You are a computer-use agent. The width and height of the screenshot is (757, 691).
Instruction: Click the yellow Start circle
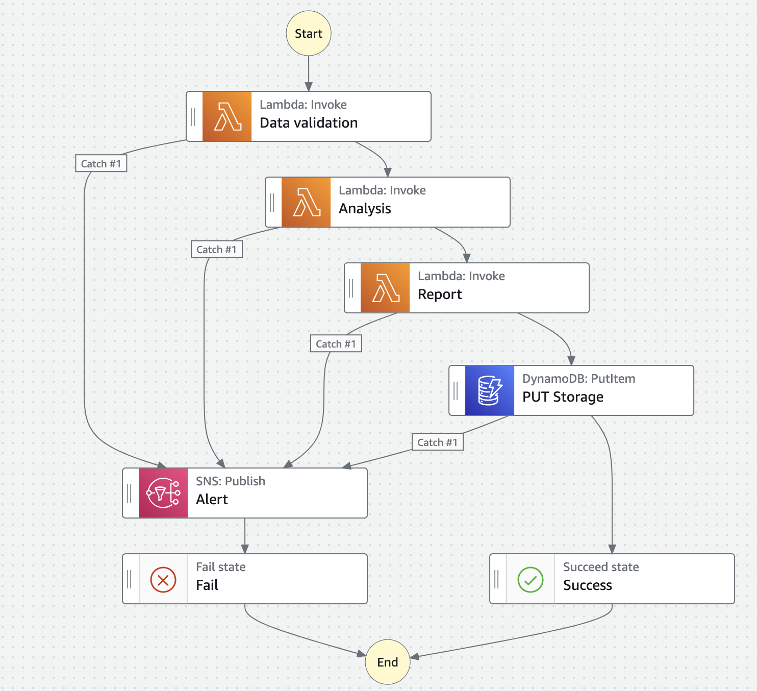click(309, 33)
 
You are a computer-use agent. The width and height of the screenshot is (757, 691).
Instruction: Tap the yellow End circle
click(388, 662)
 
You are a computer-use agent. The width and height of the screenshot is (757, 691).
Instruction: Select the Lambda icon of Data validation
click(227, 116)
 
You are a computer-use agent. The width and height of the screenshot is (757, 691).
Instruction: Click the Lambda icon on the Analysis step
click(306, 202)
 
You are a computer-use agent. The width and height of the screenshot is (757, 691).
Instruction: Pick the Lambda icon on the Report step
click(385, 288)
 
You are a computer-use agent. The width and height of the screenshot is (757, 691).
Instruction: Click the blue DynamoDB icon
click(490, 390)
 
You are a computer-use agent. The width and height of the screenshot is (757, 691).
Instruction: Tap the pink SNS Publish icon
click(163, 493)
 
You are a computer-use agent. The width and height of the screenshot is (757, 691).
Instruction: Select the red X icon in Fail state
click(163, 579)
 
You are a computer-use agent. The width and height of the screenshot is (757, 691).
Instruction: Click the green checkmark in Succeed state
click(531, 579)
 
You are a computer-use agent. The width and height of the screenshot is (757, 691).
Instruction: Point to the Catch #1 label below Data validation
click(101, 163)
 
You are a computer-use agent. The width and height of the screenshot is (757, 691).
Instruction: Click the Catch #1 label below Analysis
click(217, 249)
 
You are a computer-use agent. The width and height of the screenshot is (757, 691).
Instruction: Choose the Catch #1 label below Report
click(336, 343)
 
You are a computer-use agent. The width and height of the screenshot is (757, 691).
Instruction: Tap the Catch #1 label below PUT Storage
click(438, 442)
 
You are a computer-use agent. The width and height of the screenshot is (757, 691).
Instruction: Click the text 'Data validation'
click(309, 123)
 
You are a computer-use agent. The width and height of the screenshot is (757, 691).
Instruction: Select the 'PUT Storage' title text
click(563, 397)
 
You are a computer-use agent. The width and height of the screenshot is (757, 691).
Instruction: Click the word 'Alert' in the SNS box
click(212, 500)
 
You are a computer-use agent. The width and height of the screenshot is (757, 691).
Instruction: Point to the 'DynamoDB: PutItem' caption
click(578, 379)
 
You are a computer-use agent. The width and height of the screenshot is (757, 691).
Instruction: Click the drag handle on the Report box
click(351, 288)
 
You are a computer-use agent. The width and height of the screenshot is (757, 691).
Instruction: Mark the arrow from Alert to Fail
click(245, 536)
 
